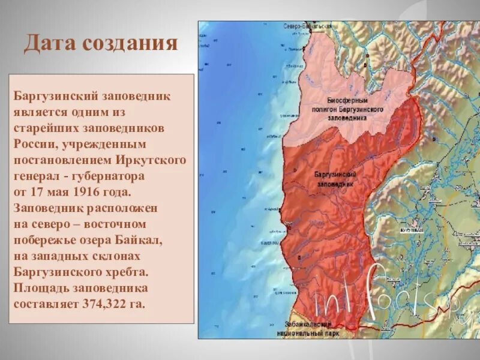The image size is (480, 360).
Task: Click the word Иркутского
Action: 155,160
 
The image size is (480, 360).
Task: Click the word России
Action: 37,145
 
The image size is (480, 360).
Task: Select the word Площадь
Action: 40,287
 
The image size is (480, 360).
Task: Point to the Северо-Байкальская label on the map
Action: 307,27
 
